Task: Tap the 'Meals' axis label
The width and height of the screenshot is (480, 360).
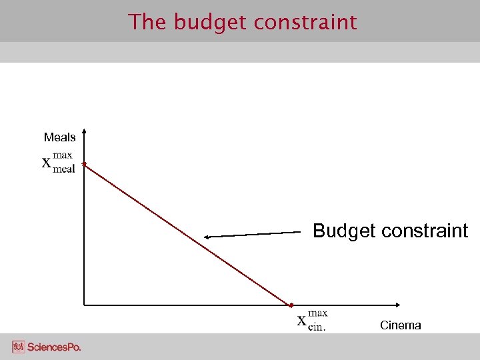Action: pyautogui.click(x=59, y=137)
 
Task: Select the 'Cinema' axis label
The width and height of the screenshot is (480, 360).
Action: pyautogui.click(x=400, y=325)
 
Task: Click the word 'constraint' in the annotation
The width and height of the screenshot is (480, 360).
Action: pyautogui.click(x=428, y=231)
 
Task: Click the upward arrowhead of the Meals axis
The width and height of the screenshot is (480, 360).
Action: pyautogui.click(x=85, y=131)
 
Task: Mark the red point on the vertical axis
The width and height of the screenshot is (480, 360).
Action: pyautogui.click(x=83, y=163)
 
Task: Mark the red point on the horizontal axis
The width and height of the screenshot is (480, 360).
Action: pyautogui.click(x=291, y=305)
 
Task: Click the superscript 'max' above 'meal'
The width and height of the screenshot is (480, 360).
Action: pyautogui.click(x=63, y=155)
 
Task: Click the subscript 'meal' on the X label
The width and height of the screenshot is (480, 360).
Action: pyautogui.click(x=64, y=169)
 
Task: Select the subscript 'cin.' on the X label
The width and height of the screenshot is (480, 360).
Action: pyautogui.click(x=317, y=327)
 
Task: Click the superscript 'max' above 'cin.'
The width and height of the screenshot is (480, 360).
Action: pyautogui.click(x=318, y=313)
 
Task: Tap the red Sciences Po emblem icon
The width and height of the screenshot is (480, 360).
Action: pyautogui.click(x=18, y=347)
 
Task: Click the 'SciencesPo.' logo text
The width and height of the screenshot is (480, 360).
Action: pyautogui.click(x=53, y=347)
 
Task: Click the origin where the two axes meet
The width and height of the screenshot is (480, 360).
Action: pyautogui.click(x=85, y=305)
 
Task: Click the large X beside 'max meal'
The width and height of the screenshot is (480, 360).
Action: pyautogui.click(x=47, y=163)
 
